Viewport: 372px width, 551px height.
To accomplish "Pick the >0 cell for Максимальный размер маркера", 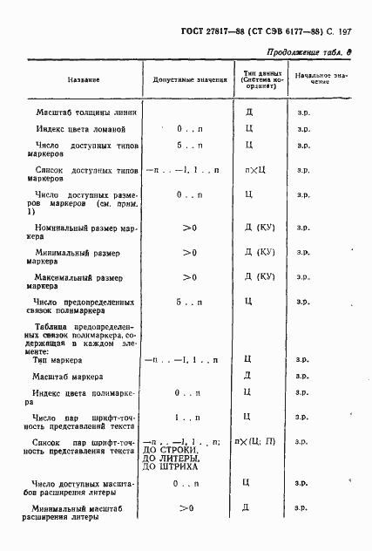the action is (188, 278).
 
